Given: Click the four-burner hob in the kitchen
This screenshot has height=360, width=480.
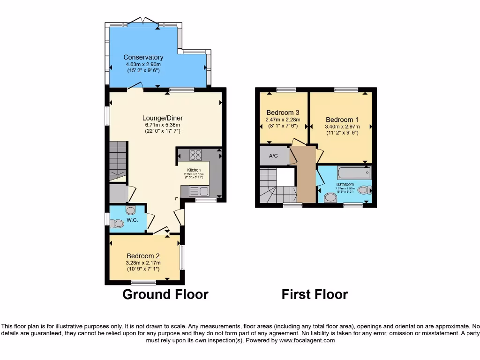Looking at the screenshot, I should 195,155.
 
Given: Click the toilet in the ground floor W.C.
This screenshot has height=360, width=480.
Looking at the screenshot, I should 118,224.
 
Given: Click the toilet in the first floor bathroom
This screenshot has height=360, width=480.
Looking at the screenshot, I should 330,198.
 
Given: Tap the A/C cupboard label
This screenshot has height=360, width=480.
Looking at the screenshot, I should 274,156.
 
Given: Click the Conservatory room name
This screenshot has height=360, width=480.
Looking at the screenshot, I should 143,57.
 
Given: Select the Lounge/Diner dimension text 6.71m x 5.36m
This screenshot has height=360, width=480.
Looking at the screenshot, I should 162,125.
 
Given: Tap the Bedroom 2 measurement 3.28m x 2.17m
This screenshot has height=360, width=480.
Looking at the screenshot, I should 143,262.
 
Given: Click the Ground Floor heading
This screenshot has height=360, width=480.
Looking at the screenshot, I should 165,294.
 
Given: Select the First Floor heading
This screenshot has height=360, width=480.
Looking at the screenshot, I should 315,294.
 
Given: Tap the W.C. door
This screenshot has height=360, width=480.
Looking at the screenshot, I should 150,221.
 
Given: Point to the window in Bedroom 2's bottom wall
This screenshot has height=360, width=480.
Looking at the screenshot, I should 143,282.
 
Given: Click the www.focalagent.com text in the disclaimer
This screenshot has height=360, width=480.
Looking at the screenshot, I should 307,340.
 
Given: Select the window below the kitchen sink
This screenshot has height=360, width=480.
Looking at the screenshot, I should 206,201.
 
